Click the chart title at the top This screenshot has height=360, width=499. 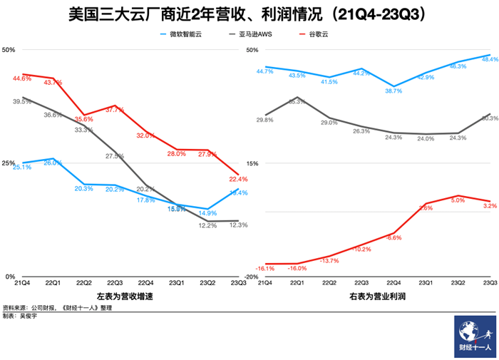[x=249, y=14]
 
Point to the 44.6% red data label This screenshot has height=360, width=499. [x=22, y=79]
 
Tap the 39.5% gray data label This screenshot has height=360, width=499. [x=22, y=102]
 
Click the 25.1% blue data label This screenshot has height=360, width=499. [x=22, y=167]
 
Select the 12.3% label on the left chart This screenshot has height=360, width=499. [x=238, y=225]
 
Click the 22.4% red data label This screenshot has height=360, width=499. [x=238, y=180]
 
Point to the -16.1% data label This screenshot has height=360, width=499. [x=264, y=268]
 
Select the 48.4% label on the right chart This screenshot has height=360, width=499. [x=490, y=60]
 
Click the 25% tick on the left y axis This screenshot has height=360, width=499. [x=9, y=163]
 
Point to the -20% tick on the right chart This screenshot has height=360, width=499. [x=252, y=277]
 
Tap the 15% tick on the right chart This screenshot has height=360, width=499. [x=252, y=163]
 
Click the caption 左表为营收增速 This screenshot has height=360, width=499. [x=125, y=297]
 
